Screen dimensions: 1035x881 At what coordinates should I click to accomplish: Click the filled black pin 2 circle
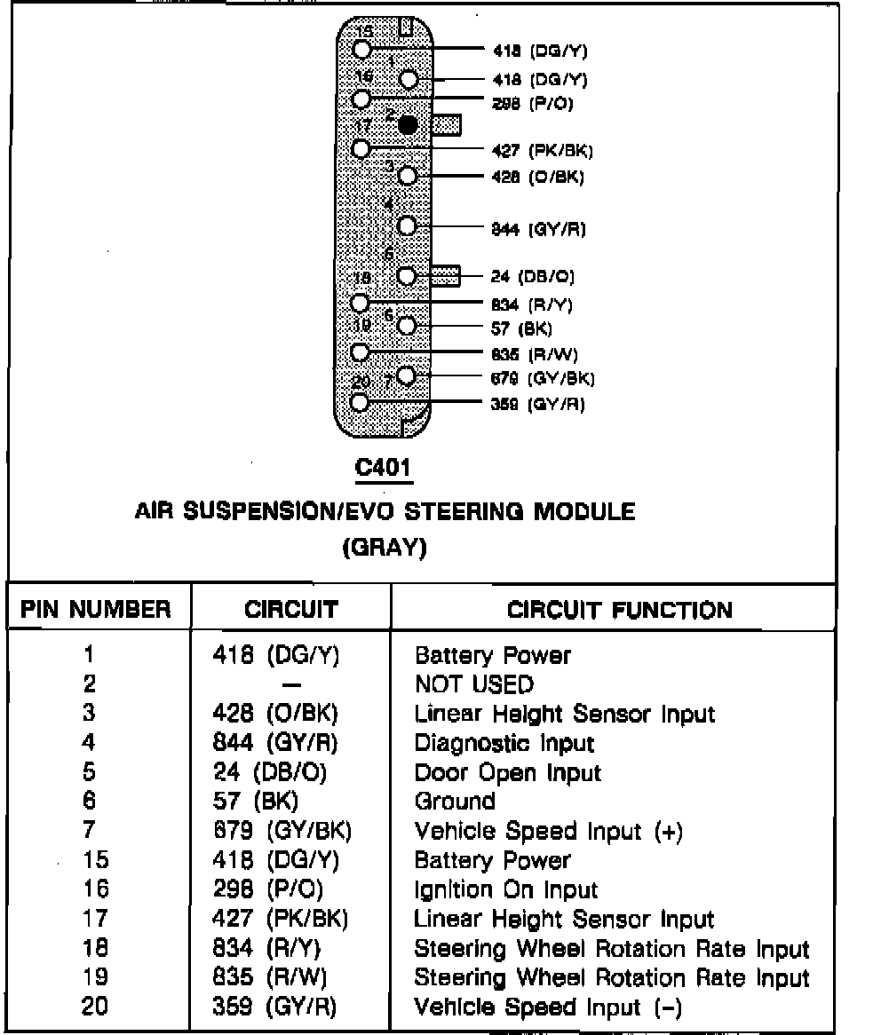(x=408, y=125)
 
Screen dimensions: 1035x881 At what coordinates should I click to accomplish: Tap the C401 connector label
(x=384, y=468)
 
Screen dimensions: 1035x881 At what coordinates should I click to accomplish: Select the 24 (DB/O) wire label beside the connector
(x=533, y=277)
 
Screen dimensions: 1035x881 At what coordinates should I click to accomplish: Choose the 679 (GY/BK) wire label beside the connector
(x=543, y=379)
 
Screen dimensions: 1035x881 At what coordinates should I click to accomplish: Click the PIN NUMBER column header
(x=96, y=610)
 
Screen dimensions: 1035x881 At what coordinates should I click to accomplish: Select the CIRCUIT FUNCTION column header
(x=619, y=611)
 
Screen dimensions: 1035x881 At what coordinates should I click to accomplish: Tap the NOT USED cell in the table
(x=474, y=684)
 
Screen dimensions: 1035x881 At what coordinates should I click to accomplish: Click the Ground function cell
(x=455, y=802)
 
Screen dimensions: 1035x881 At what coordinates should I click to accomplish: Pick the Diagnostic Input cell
(x=504, y=743)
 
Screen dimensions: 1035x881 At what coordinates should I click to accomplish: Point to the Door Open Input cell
(x=507, y=773)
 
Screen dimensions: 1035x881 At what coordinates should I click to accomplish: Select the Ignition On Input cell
(x=506, y=890)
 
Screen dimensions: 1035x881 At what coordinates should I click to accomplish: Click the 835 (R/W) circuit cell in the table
(x=271, y=978)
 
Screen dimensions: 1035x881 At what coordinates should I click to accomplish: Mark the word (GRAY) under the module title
(x=384, y=548)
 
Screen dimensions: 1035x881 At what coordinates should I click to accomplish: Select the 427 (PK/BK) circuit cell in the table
(x=280, y=920)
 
